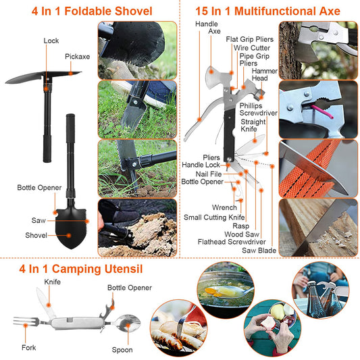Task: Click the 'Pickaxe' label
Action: (78, 57)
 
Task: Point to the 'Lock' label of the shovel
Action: (51, 41)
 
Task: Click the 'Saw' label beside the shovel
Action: (39, 220)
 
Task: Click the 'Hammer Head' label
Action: (264, 74)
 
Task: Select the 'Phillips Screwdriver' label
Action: (258, 109)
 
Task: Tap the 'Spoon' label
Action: (123, 350)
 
